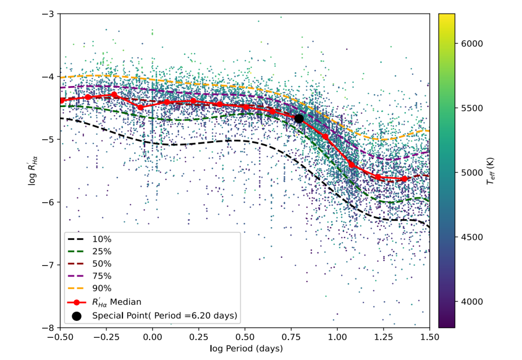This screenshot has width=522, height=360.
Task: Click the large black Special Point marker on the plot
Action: (299, 119)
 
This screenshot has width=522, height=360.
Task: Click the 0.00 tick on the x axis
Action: (152, 337)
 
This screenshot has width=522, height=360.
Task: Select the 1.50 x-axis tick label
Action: (430, 337)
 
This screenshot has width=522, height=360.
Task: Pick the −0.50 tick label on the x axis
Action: (60, 337)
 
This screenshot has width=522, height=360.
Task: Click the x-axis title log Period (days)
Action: (244, 348)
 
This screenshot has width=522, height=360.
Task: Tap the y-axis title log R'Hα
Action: (32, 171)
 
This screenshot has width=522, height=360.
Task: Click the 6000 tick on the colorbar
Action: (472, 44)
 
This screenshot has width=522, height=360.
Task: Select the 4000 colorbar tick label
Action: (472, 302)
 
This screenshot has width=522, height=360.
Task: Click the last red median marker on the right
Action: (404, 179)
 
